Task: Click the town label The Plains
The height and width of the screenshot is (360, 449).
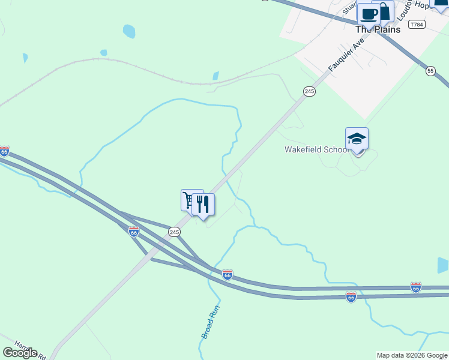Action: click(x=378, y=29)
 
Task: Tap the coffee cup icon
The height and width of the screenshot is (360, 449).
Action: click(x=368, y=13)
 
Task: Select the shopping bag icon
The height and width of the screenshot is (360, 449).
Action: click(x=384, y=11)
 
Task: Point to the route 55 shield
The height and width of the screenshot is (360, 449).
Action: click(x=430, y=71)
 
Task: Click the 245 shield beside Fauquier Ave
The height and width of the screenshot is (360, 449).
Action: click(x=309, y=91)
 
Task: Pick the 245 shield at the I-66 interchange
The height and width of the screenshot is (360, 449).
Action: click(x=174, y=232)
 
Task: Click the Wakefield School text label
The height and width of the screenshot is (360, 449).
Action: click(x=316, y=149)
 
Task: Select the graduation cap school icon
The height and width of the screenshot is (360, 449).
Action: click(x=357, y=139)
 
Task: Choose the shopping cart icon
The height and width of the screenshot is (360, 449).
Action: click(x=190, y=199)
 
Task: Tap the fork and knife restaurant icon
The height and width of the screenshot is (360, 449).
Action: click(x=203, y=204)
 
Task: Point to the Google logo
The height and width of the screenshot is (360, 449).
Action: click(x=20, y=353)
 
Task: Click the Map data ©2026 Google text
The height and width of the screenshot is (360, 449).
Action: click(x=412, y=355)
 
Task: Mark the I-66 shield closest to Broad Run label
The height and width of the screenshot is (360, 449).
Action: click(x=227, y=274)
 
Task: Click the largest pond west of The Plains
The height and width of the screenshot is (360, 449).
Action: click(x=128, y=31)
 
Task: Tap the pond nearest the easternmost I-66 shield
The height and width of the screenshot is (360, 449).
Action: click(x=443, y=265)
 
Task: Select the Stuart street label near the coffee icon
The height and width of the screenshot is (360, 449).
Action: click(x=349, y=8)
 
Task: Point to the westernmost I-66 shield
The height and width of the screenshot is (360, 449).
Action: click(x=4, y=152)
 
